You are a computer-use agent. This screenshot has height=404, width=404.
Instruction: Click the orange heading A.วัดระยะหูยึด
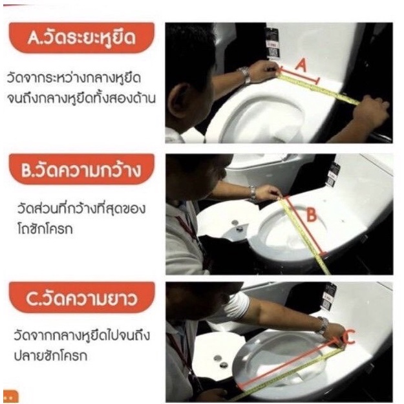(81, 38)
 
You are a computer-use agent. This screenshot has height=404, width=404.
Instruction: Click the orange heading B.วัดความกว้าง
(81, 169)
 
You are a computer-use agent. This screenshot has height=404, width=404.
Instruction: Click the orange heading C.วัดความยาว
(81, 297)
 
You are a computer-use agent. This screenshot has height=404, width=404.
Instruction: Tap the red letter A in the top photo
(301, 65)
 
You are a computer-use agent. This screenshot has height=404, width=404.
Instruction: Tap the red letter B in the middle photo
(312, 215)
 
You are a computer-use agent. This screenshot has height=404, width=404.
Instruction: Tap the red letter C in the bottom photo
(348, 337)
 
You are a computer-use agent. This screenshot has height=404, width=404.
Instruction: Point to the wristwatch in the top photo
(245, 74)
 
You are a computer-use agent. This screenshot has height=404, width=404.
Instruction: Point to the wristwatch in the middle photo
(253, 193)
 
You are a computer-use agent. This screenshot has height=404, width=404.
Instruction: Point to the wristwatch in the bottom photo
(323, 325)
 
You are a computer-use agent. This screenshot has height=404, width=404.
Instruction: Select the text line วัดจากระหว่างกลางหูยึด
(74, 78)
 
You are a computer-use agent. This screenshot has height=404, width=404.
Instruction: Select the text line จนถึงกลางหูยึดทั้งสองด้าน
(81, 98)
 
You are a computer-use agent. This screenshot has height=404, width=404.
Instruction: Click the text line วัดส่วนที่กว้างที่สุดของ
(81, 209)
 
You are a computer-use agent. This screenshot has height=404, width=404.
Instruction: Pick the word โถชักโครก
(45, 229)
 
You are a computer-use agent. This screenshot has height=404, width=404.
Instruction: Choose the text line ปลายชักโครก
(50, 356)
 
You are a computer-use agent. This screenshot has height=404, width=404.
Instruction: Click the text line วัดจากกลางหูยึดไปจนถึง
(82, 335)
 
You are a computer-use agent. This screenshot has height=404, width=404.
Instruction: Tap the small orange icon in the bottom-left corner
(10, 396)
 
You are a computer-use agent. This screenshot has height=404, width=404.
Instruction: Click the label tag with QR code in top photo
(273, 43)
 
